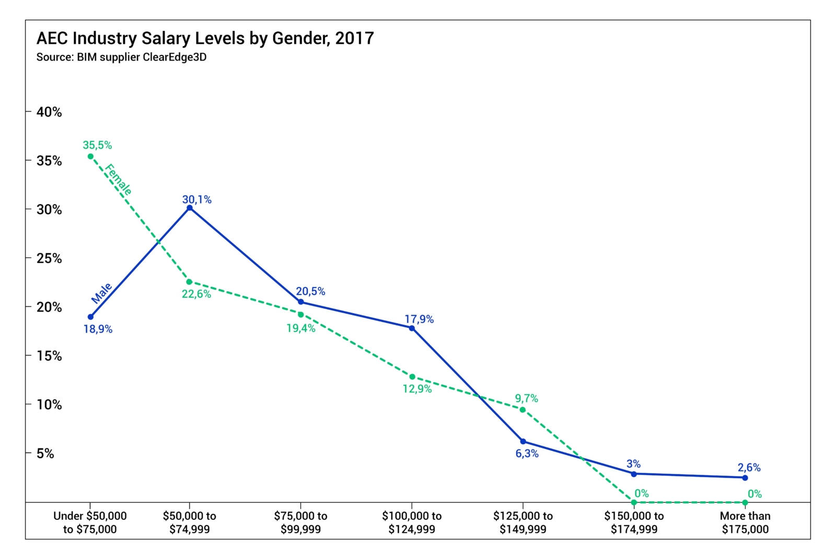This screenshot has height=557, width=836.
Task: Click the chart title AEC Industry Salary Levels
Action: click(x=205, y=38)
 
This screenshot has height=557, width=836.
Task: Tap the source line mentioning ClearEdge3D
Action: click(x=121, y=57)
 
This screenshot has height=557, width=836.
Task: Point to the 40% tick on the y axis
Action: click(x=49, y=112)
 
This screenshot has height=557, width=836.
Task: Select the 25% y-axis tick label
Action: click(x=49, y=258)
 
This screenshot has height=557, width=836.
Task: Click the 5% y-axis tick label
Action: click(x=45, y=453)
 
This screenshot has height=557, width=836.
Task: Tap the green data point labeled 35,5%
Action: click(x=90, y=156)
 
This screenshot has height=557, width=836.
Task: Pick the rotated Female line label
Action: click(x=118, y=180)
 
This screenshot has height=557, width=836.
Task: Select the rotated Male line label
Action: click(x=102, y=293)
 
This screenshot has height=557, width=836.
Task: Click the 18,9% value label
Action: click(x=98, y=329)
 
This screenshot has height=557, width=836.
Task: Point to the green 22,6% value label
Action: click(x=196, y=294)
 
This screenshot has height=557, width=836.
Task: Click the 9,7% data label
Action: click(x=526, y=398)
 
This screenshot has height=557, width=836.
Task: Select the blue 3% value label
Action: click(x=633, y=464)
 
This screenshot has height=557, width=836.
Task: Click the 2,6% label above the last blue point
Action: click(x=749, y=467)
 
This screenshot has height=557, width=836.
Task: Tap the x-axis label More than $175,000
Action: click(x=745, y=523)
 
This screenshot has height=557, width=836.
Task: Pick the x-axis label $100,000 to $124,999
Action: click(x=412, y=523)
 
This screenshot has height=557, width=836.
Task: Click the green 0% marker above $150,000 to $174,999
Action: click(x=634, y=502)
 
